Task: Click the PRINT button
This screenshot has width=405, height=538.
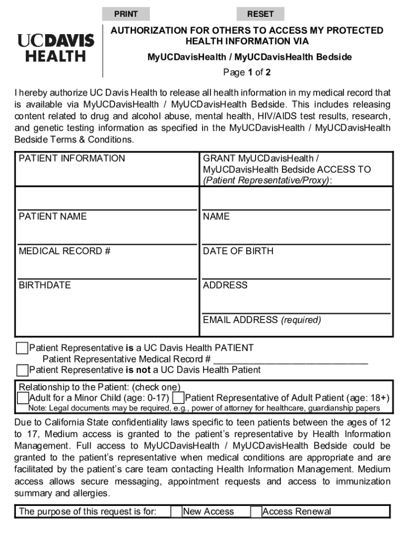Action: pos(126,14)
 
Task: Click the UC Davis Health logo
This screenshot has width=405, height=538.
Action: pos(56,48)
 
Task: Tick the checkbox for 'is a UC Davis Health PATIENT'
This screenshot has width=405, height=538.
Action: pos(22,348)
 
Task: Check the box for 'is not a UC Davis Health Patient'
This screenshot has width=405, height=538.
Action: pos(22,370)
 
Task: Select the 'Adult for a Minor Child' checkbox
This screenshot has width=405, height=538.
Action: pos(23,398)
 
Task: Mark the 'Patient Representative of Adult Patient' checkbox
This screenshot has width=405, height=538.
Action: pos(178,398)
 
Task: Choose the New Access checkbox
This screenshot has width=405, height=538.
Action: pos(176,512)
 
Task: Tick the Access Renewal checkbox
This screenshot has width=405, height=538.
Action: pos(256,512)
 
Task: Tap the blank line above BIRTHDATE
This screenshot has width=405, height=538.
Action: pos(107,273)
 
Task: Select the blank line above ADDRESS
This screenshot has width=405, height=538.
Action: pos(296,273)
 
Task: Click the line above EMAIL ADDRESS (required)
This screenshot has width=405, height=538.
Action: pos(296,307)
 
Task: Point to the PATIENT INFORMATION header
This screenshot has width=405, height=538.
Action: pos(72,159)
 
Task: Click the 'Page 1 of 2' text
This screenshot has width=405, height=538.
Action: pos(247,73)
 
